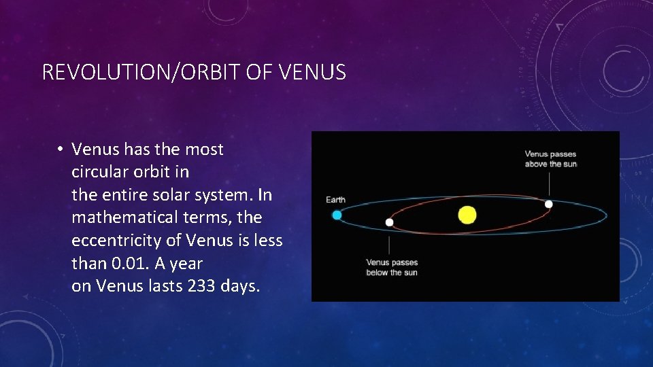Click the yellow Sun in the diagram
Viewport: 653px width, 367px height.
[x=467, y=215]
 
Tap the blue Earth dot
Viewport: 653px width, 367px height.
[x=337, y=215]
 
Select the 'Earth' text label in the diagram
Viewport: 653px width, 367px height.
[x=335, y=200]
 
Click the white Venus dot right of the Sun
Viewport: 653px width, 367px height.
[x=549, y=204]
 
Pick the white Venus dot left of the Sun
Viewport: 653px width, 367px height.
[x=389, y=222]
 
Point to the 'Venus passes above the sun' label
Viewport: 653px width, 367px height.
[x=550, y=159]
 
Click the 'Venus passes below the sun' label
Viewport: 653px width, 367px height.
[x=392, y=267]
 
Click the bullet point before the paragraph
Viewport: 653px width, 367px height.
[x=61, y=150]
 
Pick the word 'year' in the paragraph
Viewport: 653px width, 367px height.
[x=186, y=264]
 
